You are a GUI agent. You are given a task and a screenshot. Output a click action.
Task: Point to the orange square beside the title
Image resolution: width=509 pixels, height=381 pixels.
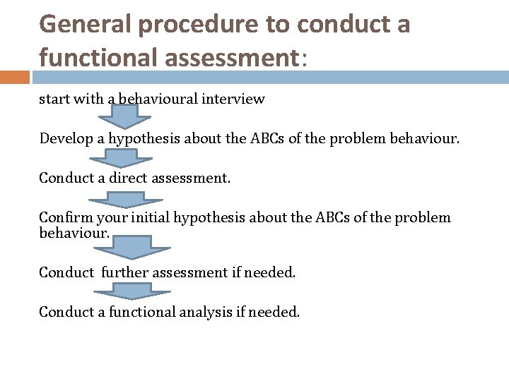pyautogui.click(x=15, y=76)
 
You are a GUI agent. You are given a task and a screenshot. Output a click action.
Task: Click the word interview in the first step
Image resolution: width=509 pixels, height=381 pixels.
pyautogui.click(x=233, y=99)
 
